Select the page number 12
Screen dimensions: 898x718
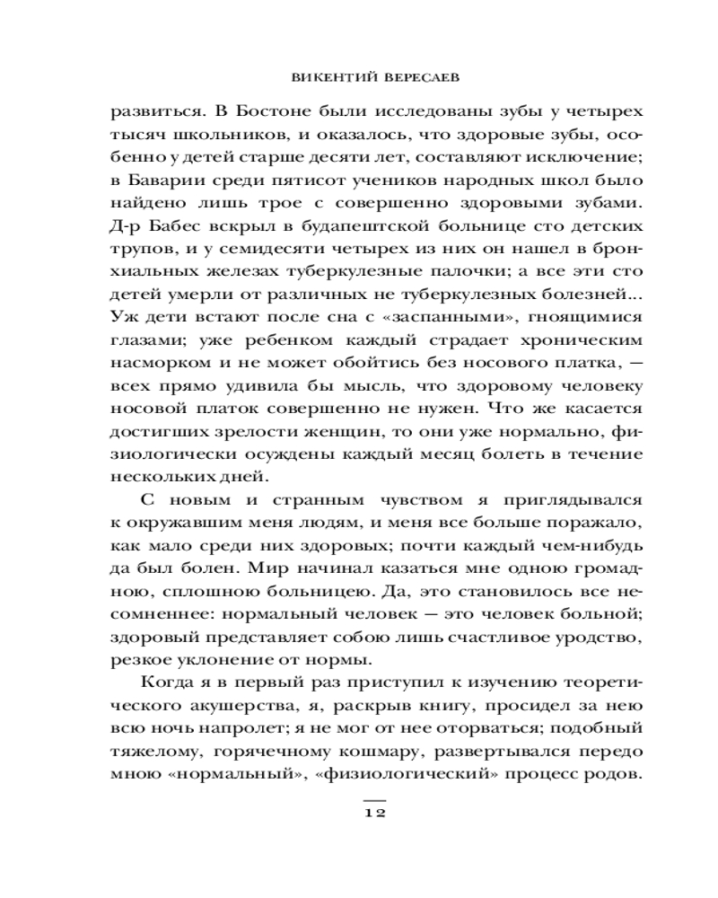point(373,813)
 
